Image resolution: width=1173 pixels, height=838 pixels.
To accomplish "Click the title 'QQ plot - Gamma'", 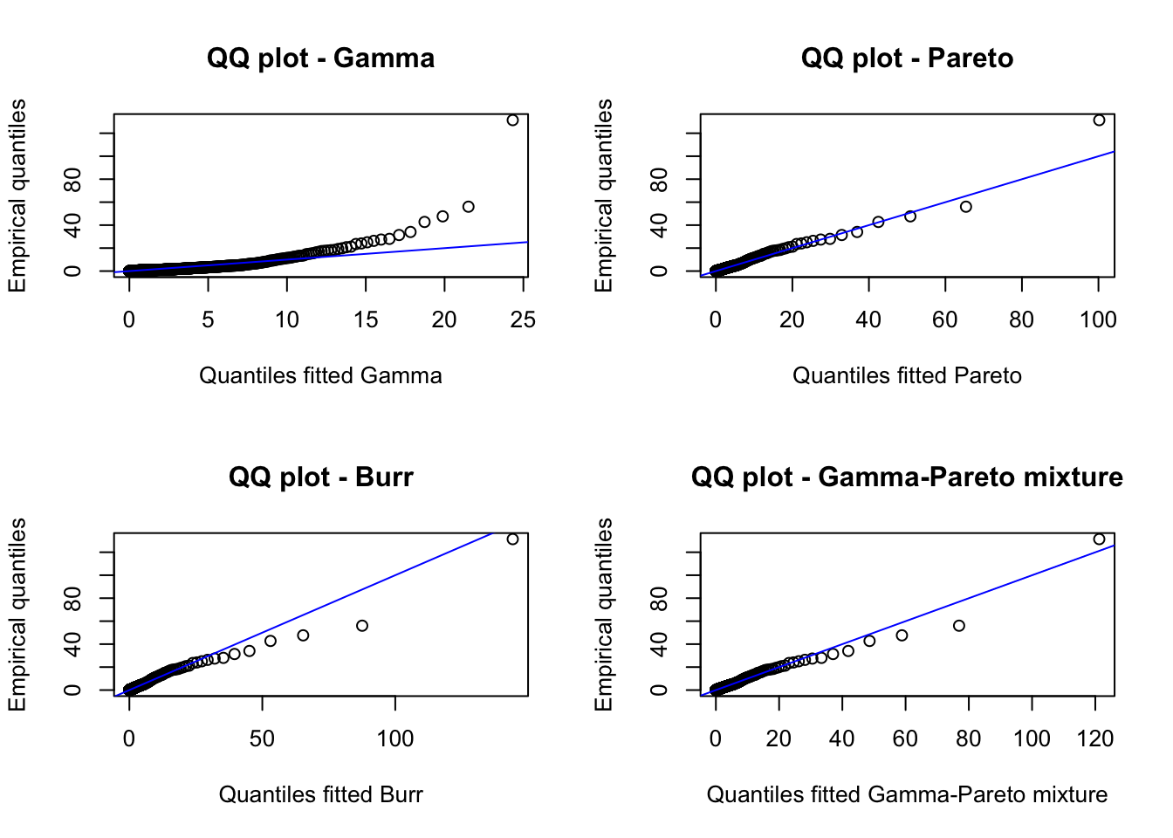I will coord(320,58).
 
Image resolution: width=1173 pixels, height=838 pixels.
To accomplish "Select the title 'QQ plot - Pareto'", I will coord(907,58).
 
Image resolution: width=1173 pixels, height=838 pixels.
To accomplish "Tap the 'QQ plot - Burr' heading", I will coord(320,477).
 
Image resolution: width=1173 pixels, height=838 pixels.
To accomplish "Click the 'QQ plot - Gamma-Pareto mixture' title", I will coord(907,477).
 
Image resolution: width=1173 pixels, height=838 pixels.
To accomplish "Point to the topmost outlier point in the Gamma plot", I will coord(512,120).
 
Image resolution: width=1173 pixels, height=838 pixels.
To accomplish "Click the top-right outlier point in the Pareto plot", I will coord(1099,120).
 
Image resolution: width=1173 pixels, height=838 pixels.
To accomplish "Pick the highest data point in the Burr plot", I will coord(512,539).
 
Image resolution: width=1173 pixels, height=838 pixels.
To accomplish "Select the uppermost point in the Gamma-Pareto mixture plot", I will coord(1099,539).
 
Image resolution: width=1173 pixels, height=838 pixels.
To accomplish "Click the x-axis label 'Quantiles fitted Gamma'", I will coord(320,375).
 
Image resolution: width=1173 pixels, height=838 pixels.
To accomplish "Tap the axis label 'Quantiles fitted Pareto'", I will coord(907,375).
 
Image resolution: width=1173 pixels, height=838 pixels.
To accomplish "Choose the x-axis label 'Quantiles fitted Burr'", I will coord(320,794).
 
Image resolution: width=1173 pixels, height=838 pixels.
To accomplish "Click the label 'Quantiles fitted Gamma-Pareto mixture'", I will coord(907,794).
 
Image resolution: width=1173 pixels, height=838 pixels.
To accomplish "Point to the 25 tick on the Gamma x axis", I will coord(523,320).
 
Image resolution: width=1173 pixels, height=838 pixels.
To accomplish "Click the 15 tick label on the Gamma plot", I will coord(366,320).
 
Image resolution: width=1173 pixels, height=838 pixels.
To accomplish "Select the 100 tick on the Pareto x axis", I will coord(1098,320).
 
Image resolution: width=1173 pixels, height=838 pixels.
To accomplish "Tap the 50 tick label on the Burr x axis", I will coord(262,739).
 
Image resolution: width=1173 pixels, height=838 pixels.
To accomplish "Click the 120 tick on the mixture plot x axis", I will coord(1095,739).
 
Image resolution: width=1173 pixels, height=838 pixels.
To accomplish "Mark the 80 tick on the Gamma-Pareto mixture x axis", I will coord(969,739).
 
